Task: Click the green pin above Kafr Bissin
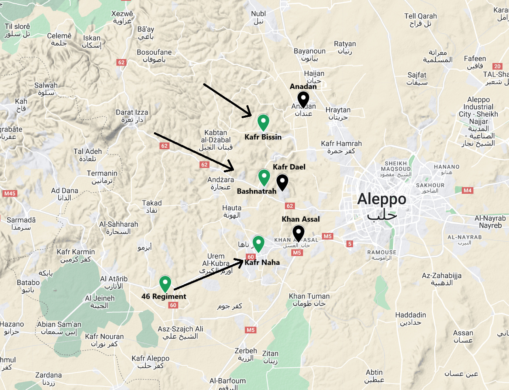point(263,121)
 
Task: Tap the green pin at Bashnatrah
point(264,176)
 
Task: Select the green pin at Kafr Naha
point(258,243)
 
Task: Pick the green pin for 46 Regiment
point(165,283)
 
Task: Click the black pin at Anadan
point(303,99)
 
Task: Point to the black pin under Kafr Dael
point(282,182)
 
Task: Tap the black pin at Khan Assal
point(298,233)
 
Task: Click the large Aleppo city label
point(382,206)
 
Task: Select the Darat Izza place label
point(132,116)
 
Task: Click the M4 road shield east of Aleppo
point(467,190)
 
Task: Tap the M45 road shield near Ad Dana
point(10,193)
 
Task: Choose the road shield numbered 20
point(497,66)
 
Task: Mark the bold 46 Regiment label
point(164,296)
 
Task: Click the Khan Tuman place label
point(309,299)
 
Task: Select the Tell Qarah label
point(421,19)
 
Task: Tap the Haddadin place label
point(410,318)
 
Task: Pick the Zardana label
point(48,378)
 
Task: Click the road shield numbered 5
point(350,244)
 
